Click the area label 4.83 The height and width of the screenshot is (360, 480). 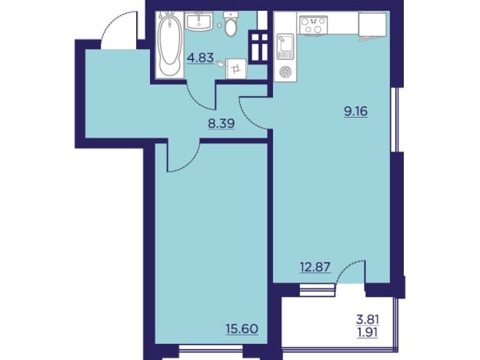pyautogui.click(x=200, y=57)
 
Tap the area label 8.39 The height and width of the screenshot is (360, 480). pyautogui.click(x=222, y=123)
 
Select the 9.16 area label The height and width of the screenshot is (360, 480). pyautogui.click(x=355, y=112)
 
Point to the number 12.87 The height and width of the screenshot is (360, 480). pyautogui.click(x=315, y=267)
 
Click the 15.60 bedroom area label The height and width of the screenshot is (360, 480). pyautogui.click(x=242, y=329)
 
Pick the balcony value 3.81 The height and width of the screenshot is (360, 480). pyautogui.click(x=368, y=320)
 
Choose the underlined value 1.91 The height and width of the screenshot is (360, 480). pyautogui.click(x=368, y=332)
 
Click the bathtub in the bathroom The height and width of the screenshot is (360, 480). pyautogui.click(x=169, y=45)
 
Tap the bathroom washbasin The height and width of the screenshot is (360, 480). pyautogui.click(x=198, y=21)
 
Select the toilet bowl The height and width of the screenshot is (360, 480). pyautogui.click(x=231, y=24)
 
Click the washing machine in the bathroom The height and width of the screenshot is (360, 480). pyautogui.click(x=236, y=69)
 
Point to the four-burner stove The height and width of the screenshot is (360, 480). pyautogui.click(x=314, y=25)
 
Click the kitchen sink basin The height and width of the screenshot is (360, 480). pyautogui.click(x=285, y=46)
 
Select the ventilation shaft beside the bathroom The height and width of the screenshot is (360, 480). pyautogui.click(x=258, y=47)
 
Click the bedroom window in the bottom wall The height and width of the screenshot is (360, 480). pyautogui.click(x=211, y=348)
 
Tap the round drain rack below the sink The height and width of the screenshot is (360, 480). pyautogui.click(x=285, y=72)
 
